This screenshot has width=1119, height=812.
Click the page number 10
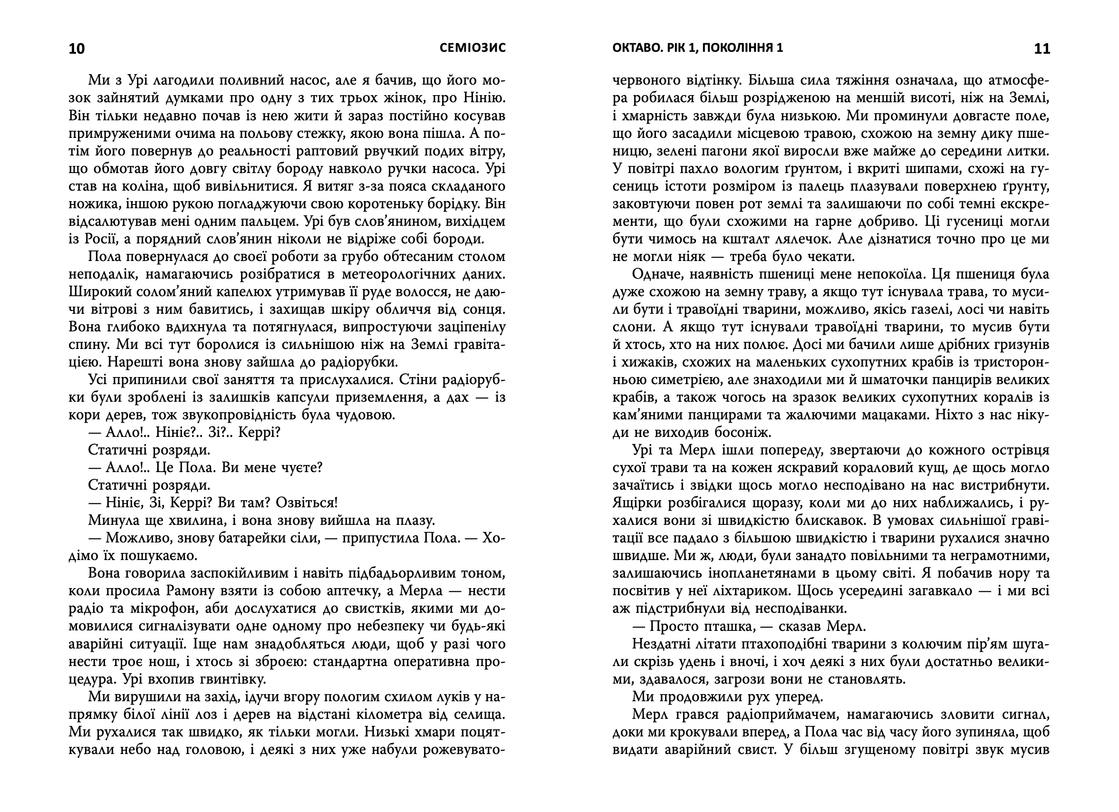[x=77, y=48]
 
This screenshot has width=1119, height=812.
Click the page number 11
[x=1042, y=48]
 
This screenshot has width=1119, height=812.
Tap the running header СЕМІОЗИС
[x=473, y=48]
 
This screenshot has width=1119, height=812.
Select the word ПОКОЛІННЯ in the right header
[x=733, y=48]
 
